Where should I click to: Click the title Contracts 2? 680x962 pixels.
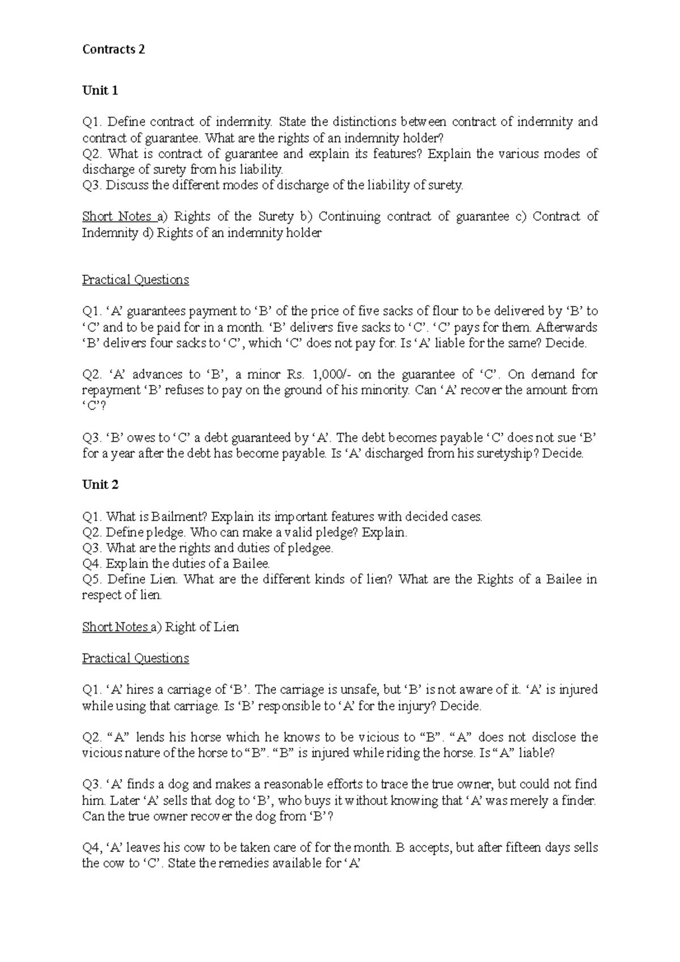click(x=113, y=49)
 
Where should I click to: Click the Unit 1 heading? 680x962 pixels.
click(x=100, y=90)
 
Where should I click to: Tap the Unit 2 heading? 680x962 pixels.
click(x=100, y=484)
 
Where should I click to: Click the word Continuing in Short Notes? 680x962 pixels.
click(x=349, y=216)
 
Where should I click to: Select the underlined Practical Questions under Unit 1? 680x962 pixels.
click(x=135, y=280)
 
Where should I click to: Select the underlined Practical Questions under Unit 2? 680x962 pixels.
click(x=135, y=658)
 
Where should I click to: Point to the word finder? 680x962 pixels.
click(x=578, y=801)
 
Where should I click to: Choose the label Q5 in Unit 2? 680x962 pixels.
click(x=91, y=580)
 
